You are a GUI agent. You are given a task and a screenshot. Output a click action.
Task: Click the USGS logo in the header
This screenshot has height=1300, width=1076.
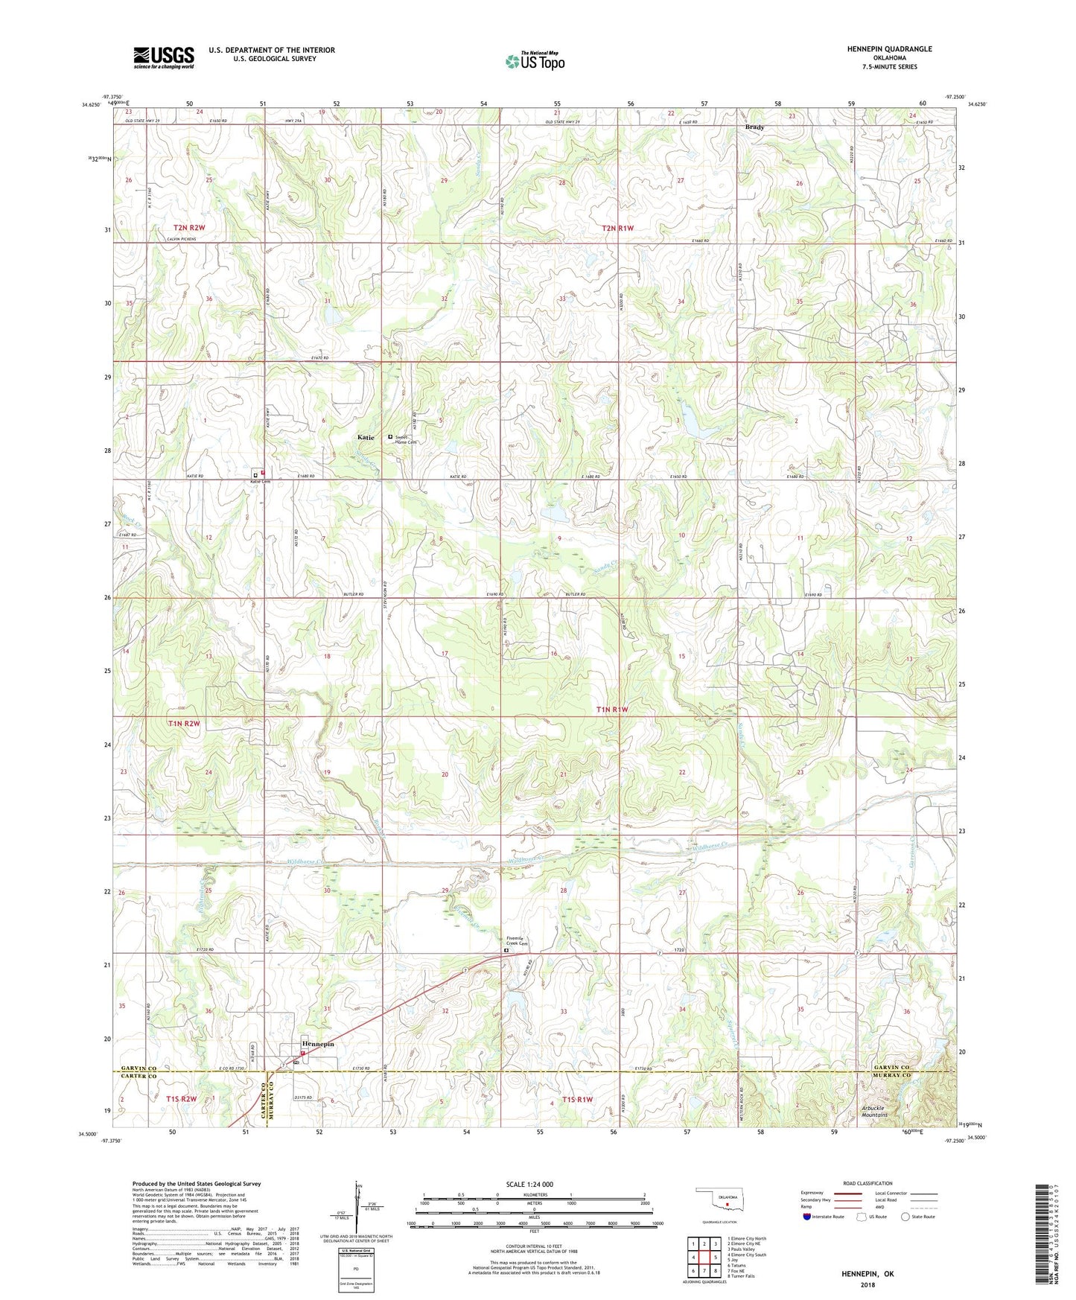pos(163,57)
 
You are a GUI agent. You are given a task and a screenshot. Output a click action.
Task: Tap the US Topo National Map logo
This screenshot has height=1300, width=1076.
pos(535,61)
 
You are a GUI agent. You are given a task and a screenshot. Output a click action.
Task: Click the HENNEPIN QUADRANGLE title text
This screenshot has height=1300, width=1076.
pos(889,49)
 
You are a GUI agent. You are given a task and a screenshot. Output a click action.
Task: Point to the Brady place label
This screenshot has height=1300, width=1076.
pos(754,127)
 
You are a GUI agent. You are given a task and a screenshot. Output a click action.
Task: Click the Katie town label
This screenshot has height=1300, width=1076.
pos(366,437)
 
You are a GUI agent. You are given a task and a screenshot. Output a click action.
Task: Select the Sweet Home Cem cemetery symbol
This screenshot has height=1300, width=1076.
pos(390,437)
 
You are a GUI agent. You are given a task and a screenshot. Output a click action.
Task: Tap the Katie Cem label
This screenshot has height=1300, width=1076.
pos(259,482)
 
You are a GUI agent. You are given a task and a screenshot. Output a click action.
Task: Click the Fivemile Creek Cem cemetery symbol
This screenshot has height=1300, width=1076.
pos(506,950)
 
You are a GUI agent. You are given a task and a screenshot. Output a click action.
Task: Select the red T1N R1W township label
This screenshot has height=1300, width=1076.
pos(612,710)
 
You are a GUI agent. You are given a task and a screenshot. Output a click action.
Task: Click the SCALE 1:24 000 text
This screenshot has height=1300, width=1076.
pos(529,1185)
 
